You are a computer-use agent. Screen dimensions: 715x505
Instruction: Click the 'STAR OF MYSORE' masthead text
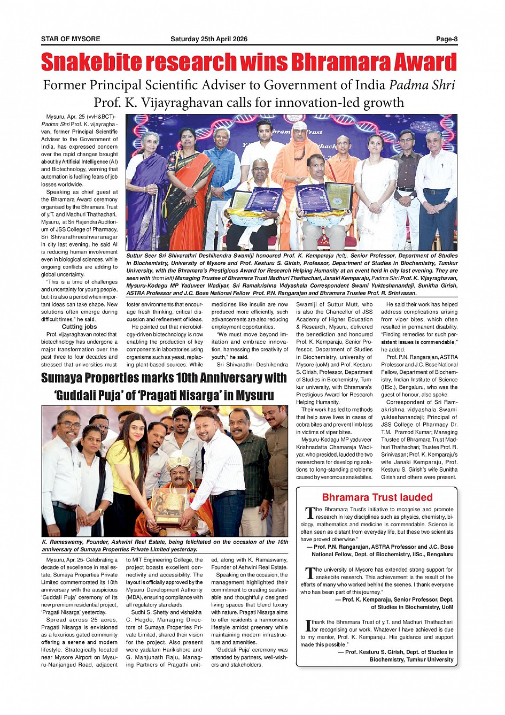point(71,39)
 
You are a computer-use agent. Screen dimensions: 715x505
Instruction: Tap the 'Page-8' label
point(446,39)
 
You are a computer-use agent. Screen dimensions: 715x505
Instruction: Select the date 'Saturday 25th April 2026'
point(209,39)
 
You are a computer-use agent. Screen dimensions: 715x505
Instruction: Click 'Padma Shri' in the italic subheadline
point(422,85)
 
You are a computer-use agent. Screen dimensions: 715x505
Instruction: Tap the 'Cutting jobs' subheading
point(79,327)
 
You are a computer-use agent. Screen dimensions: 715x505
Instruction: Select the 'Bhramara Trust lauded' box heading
point(377,497)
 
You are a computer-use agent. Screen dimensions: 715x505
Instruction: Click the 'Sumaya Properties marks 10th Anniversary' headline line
point(164,378)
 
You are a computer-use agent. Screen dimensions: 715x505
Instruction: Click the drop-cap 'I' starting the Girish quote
point(308,625)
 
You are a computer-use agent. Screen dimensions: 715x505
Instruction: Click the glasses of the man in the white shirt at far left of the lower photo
point(70,425)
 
